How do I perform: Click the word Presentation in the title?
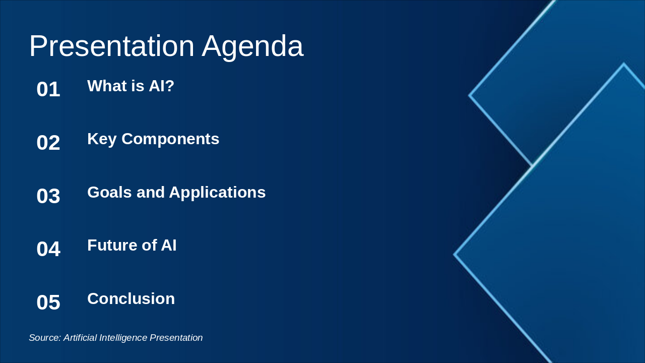click(x=111, y=46)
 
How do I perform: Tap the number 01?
click(x=48, y=90)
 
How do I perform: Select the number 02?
click(x=48, y=143)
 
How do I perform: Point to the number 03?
click(x=48, y=196)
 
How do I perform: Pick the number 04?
click(x=48, y=249)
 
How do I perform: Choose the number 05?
click(x=48, y=302)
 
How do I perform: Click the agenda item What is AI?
click(x=131, y=86)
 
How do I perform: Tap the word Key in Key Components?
click(x=102, y=139)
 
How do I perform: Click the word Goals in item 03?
click(x=109, y=192)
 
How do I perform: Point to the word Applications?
click(x=217, y=193)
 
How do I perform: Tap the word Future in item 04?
click(x=111, y=246)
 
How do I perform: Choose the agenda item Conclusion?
click(x=131, y=298)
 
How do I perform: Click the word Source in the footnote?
click(x=44, y=338)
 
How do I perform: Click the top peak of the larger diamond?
click(x=623, y=65)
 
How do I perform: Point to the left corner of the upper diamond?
click(x=470, y=95)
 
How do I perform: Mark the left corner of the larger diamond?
click(x=455, y=255)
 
